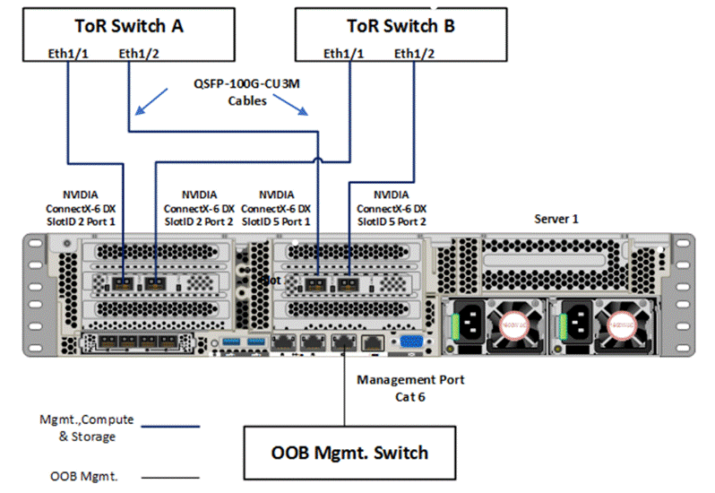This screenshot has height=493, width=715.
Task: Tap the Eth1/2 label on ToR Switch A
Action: [x=138, y=55]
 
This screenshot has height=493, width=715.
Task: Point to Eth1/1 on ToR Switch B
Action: [x=343, y=55]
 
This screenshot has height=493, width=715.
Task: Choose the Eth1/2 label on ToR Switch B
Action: [x=414, y=55]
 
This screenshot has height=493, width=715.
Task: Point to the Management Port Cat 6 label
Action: [x=410, y=387]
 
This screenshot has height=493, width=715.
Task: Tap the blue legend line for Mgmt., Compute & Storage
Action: [x=165, y=428]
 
